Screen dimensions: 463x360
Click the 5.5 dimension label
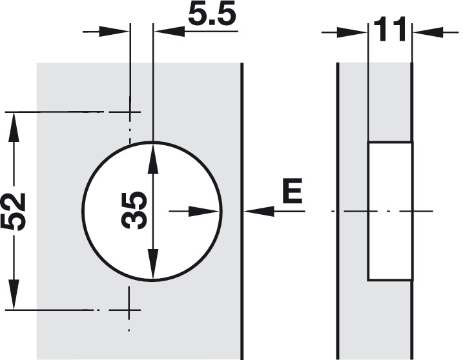212,14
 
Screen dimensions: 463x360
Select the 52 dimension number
14,211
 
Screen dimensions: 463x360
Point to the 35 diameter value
134,210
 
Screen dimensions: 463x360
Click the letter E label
292,191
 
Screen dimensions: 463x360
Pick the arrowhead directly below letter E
259,211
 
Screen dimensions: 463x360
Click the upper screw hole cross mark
129,112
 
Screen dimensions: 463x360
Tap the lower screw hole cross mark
129,310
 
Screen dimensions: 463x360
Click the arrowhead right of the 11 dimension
428,32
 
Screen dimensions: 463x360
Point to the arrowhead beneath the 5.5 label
169,31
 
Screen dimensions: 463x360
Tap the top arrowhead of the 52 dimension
14,128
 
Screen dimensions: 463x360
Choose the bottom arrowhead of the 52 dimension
14,294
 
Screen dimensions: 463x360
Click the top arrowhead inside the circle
152,158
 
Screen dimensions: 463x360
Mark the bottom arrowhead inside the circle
152,263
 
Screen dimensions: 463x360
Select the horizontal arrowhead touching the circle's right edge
204,211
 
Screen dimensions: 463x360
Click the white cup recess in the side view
390,211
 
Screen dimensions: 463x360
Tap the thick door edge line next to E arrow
242,211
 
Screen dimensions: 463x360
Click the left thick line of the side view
338,211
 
